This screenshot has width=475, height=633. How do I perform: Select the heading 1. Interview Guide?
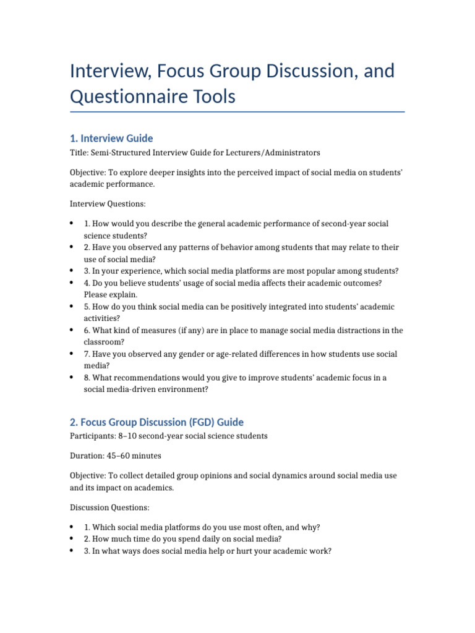(111, 138)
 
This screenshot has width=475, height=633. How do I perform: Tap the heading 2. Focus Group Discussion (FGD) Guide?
(156, 422)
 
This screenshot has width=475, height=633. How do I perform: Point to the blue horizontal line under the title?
(237, 112)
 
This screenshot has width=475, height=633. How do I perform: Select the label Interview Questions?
(108, 203)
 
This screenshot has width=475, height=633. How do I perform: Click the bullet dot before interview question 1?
(72, 223)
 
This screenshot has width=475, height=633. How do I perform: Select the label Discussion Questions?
(109, 508)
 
